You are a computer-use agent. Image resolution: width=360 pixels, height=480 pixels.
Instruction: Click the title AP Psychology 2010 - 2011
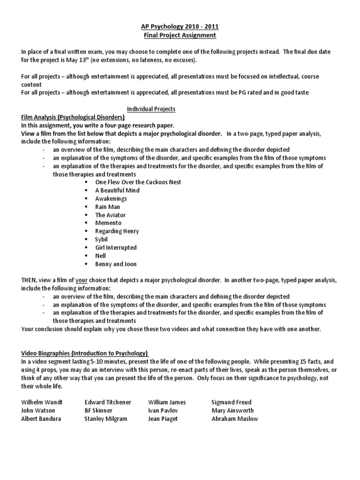point(180,27)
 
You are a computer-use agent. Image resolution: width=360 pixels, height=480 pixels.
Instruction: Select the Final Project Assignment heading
point(180,35)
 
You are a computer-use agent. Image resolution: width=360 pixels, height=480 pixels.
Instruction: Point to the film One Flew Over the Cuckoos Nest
point(138,182)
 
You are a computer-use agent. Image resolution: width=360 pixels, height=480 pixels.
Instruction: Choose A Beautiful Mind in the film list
point(117,190)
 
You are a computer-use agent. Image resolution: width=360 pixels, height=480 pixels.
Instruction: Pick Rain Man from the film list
point(108,207)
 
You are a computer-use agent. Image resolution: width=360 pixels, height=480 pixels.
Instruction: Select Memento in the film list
point(108,223)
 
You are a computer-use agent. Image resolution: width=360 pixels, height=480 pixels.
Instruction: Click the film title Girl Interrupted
point(116,247)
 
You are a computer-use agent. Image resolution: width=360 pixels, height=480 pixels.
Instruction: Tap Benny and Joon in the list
point(116,264)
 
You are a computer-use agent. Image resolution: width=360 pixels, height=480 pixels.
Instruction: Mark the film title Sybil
point(101,239)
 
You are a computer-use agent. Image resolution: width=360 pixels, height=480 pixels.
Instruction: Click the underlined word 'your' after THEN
point(81,280)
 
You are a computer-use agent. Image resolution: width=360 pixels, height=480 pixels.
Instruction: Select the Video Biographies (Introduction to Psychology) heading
point(84,353)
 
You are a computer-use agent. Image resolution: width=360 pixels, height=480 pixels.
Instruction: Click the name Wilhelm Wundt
point(42,402)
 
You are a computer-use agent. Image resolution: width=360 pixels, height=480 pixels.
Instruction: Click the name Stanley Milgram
point(105,419)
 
